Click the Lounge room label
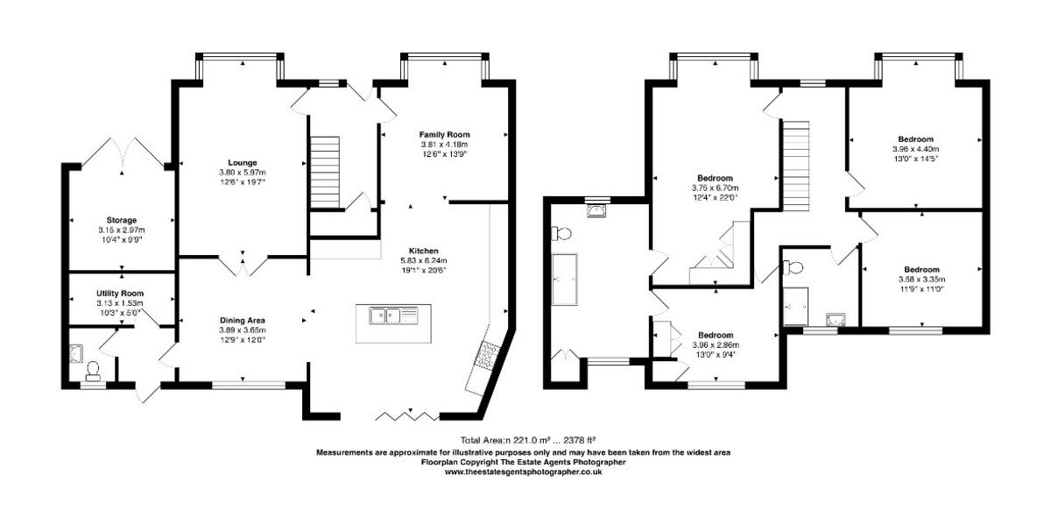242,162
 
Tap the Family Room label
444,134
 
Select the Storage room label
122,220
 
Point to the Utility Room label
121,293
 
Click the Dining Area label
243,319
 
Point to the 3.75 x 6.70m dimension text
716,188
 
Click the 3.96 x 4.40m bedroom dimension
915,149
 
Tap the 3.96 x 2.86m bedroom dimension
716,345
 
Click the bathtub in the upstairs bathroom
563,280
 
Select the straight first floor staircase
794,162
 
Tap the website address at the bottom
524,472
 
